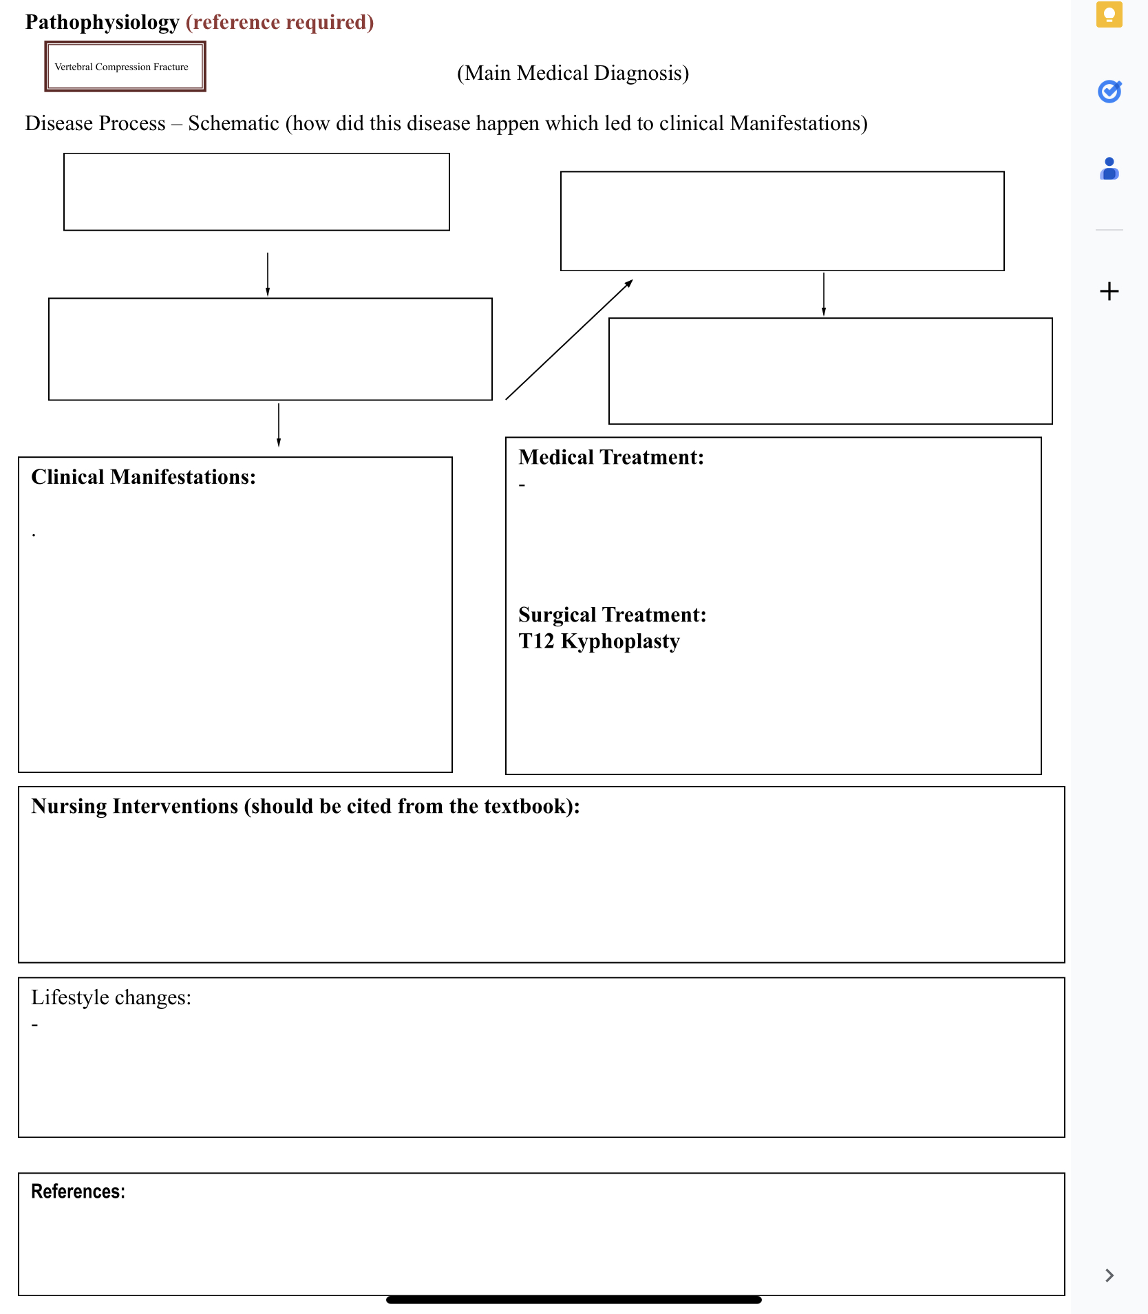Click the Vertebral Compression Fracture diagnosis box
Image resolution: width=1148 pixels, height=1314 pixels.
pos(125,67)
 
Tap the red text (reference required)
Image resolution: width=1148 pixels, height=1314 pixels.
pos(279,22)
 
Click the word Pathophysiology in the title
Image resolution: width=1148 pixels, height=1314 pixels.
pos(102,22)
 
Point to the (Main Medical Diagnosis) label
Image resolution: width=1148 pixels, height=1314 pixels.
pos(573,73)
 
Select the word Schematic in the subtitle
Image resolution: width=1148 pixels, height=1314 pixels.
pos(233,123)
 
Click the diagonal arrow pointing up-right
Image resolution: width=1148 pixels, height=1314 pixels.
pos(569,339)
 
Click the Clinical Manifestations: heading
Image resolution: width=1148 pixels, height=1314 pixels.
pos(143,477)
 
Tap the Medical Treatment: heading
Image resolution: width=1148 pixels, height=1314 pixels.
pos(610,457)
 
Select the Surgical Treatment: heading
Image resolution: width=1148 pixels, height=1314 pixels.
pos(612,615)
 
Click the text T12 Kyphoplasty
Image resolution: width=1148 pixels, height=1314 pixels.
pos(599,641)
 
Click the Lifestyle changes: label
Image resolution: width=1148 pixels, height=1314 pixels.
pos(111,997)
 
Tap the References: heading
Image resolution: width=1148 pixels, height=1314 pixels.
pos(78,1191)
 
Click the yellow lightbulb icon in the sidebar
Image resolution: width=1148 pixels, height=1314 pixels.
pos(1109,14)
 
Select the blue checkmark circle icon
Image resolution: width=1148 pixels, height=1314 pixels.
pos(1109,91)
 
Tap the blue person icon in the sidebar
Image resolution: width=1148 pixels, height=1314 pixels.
pos(1109,169)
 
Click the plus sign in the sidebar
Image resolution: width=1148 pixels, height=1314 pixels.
pos(1109,291)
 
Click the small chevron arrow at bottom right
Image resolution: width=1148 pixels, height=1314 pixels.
pos(1109,1275)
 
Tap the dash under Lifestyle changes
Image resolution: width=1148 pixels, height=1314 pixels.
pos(34,1025)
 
